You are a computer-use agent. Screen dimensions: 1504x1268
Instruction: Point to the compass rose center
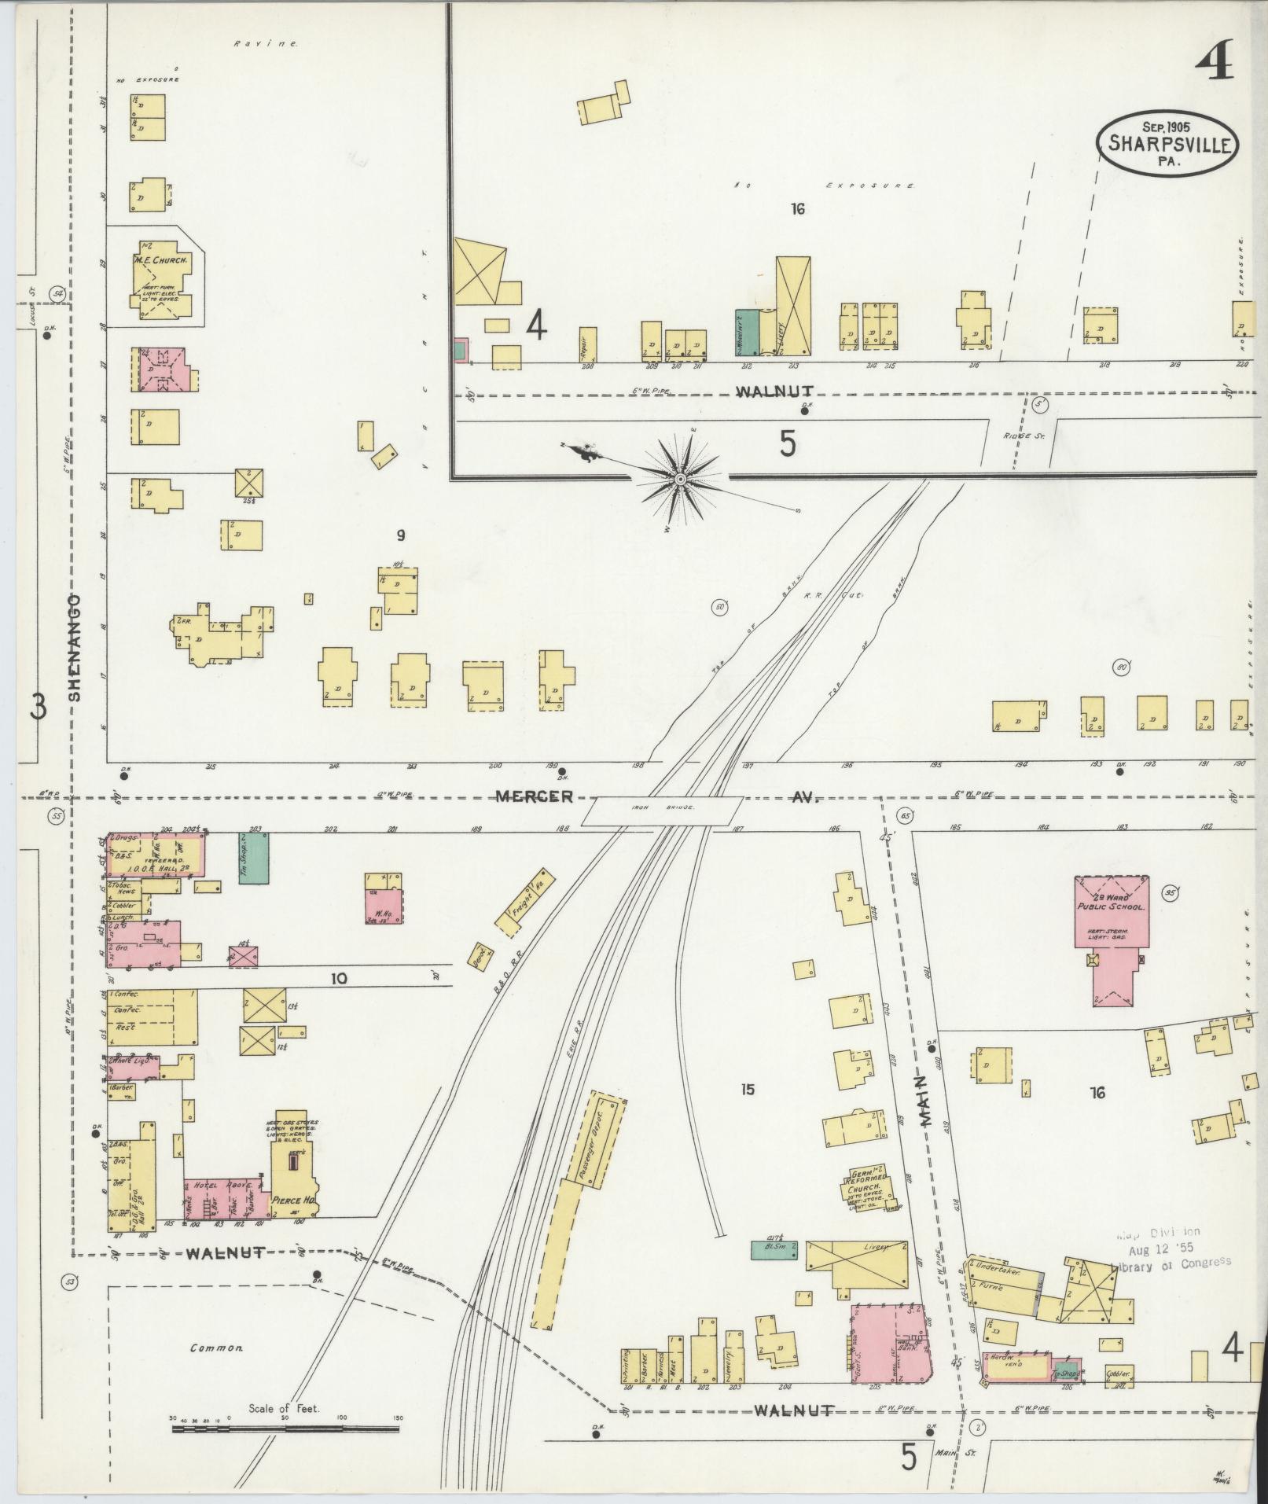680,477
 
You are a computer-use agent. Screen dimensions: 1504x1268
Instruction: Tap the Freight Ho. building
520,902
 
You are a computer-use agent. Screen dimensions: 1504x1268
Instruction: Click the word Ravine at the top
265,44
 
